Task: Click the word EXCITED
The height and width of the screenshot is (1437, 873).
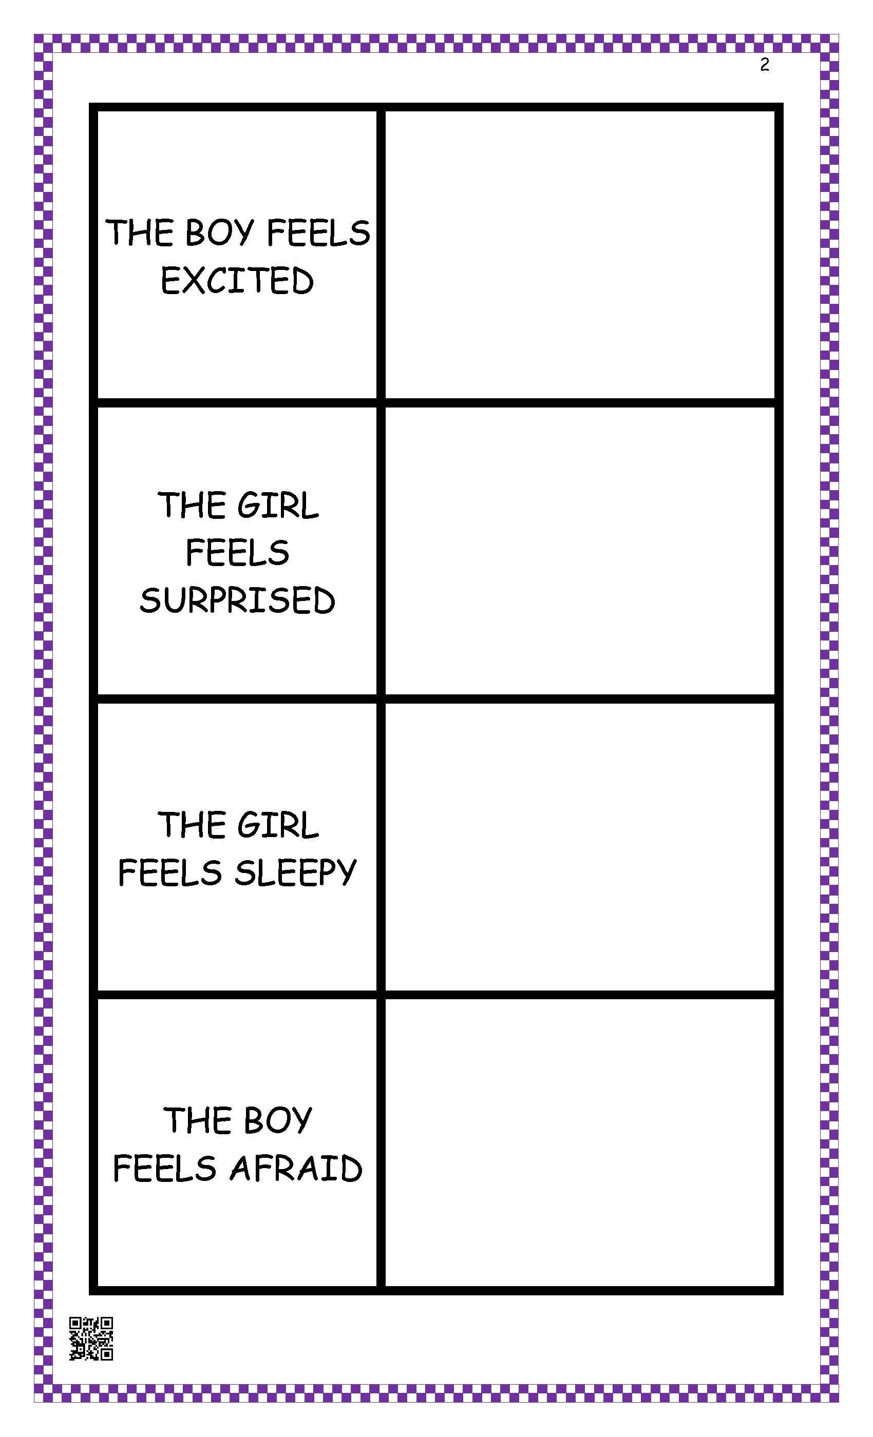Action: pyautogui.click(x=237, y=281)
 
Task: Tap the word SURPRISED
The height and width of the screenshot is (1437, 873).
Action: pyautogui.click(x=237, y=600)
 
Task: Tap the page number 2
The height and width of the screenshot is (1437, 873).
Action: pyautogui.click(x=765, y=65)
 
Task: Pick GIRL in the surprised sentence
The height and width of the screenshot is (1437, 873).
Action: pyautogui.click(x=278, y=505)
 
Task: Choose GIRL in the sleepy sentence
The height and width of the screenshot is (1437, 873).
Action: pyautogui.click(x=278, y=825)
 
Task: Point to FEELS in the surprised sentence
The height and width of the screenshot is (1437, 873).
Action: pyautogui.click(x=237, y=552)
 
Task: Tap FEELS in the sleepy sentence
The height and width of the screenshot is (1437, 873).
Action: pyautogui.click(x=170, y=873)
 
